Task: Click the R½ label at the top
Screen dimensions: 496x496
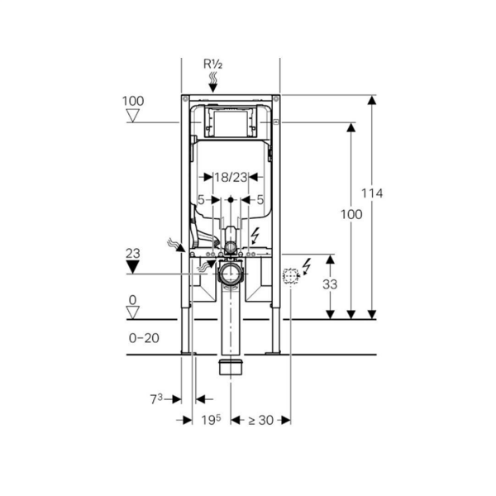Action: tap(213, 62)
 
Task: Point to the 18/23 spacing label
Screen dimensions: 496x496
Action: tap(231, 177)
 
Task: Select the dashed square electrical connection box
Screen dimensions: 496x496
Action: tap(289, 277)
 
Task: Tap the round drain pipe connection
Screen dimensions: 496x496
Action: tap(230, 274)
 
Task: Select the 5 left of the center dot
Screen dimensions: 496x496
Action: tap(201, 199)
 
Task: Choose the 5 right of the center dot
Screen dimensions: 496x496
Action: tap(260, 199)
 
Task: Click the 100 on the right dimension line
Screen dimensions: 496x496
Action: tap(351, 214)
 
